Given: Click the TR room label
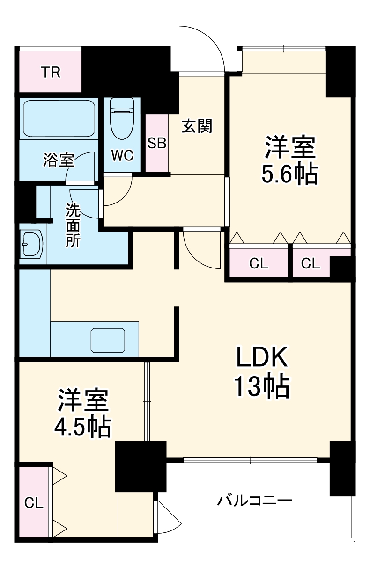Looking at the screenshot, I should (x=51, y=73).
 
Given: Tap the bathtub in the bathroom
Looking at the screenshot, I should (x=58, y=118).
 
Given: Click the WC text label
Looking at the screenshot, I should (x=122, y=155).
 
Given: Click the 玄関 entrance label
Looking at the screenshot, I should (x=197, y=126).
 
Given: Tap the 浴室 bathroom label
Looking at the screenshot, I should (x=58, y=160).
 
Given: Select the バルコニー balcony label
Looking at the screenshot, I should (x=254, y=501).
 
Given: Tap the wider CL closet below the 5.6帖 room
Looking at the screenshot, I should (x=259, y=264).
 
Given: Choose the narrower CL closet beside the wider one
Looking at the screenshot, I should (x=310, y=264).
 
